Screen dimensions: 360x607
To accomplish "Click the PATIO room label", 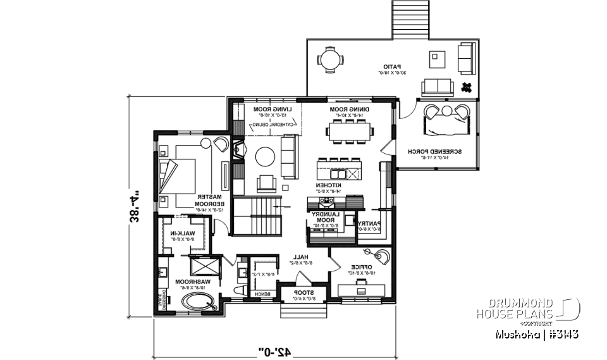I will point(393,66).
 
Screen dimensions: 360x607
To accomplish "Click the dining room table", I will point(350,131).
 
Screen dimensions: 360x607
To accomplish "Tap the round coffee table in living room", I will point(265,156).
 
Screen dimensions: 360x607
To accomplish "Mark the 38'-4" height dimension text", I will point(135,207).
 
